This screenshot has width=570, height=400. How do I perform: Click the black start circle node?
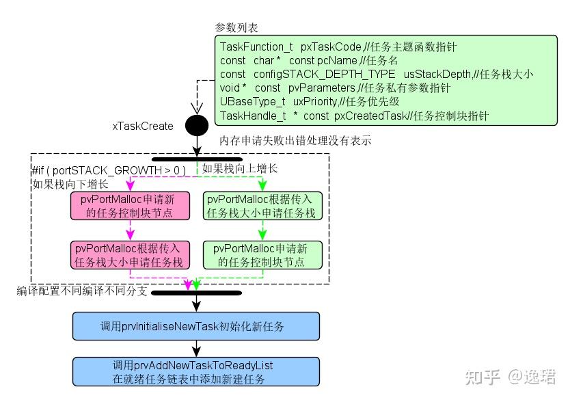[x=197, y=126]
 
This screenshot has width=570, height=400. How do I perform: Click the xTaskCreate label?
[x=143, y=126]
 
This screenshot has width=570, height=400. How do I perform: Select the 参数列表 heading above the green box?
[x=236, y=27]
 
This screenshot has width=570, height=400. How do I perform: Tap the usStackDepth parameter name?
[x=437, y=74]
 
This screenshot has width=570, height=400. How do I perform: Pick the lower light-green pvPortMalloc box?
[x=263, y=254]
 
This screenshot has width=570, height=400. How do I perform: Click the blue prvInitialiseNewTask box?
[x=196, y=326]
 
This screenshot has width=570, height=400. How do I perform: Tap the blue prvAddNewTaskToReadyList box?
[x=196, y=372]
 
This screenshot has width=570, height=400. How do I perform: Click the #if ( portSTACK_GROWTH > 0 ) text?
[x=109, y=170]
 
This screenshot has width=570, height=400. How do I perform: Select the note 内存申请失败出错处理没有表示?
[x=295, y=141]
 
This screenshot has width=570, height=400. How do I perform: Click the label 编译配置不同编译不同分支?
[x=81, y=291]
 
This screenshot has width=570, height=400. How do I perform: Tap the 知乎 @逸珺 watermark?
[x=510, y=377]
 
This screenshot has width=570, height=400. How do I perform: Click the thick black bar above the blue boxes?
[x=196, y=293]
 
